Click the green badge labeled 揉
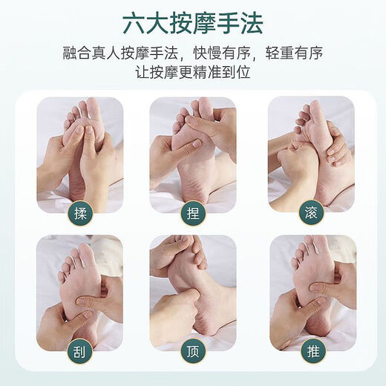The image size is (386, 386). [x=80, y=214]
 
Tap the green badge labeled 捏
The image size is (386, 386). [x=193, y=213]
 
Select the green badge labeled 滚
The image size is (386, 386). [x=311, y=212]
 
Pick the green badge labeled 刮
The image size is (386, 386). [x=79, y=352]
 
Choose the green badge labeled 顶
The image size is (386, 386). [x=193, y=351]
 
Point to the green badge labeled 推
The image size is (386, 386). [x=313, y=350]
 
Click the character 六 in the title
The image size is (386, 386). [x=134, y=23]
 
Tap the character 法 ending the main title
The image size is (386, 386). [x=251, y=23]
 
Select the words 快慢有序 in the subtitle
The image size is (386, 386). [x=222, y=53]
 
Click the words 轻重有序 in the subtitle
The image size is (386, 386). [x=295, y=53]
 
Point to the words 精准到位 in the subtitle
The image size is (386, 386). [x=221, y=72]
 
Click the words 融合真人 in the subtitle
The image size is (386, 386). [x=91, y=53]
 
